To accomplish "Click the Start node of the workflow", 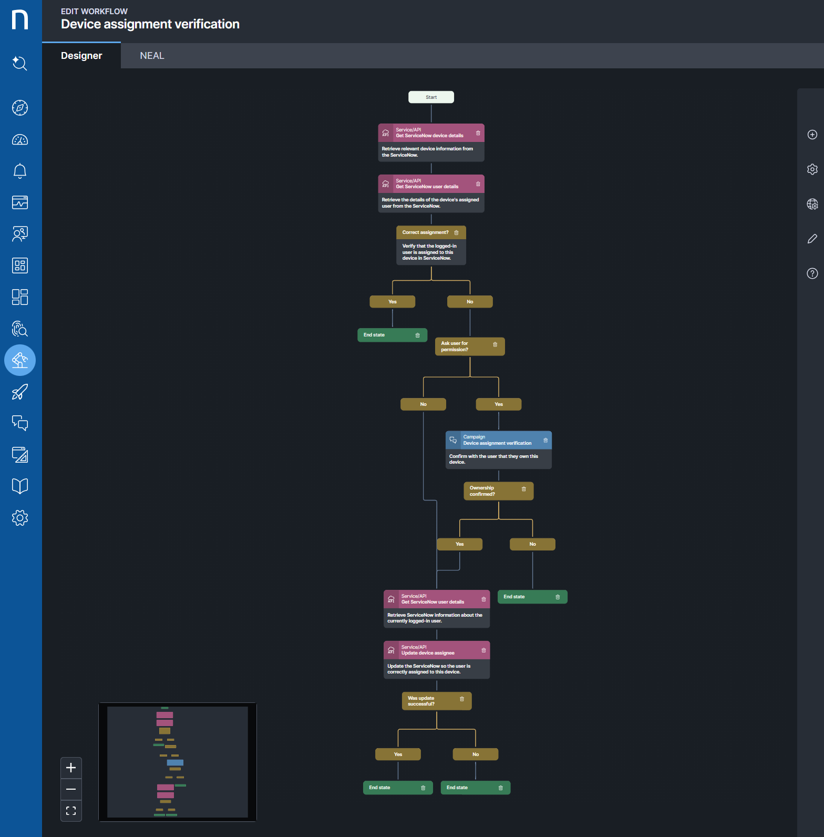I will tap(431, 97).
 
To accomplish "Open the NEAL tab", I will tap(152, 56).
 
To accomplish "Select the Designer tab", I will tap(81, 56).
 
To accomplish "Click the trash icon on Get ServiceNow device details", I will tap(478, 133).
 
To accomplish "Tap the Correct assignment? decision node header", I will tap(426, 232).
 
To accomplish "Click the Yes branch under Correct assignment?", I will tap(393, 302).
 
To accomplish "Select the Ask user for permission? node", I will tap(462, 346).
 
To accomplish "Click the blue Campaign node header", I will tap(494, 440).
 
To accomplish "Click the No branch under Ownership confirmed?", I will tap(532, 544).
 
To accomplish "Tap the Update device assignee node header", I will tap(431, 650).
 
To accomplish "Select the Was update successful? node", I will tap(431, 701).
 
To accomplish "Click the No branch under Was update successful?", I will tap(476, 754).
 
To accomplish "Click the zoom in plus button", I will tap(71, 768).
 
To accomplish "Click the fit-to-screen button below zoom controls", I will tap(71, 811).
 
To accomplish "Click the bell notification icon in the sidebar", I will tap(20, 171).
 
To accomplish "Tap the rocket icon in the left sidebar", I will tap(20, 392).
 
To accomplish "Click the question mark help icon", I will tap(812, 273).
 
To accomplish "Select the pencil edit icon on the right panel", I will tap(812, 239).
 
